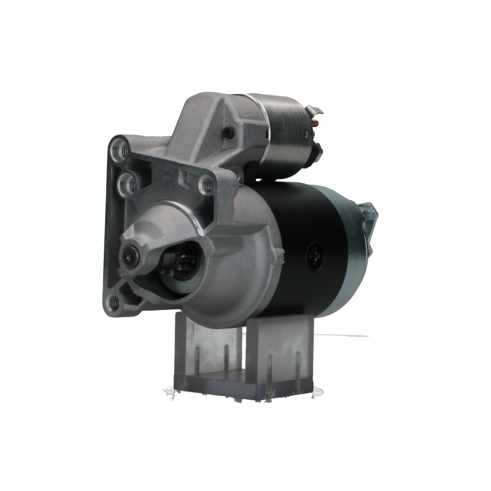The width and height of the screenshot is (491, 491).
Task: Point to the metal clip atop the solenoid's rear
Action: click(318, 110)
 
